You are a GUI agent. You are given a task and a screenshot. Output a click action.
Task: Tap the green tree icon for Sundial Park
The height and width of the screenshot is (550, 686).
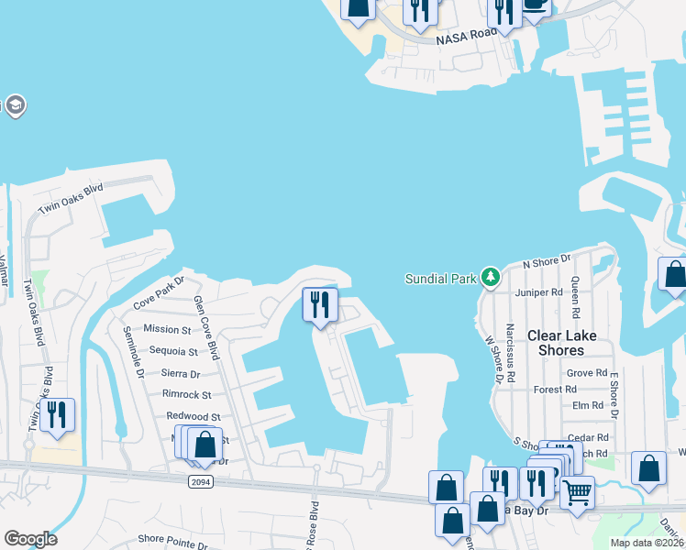coord(491,278)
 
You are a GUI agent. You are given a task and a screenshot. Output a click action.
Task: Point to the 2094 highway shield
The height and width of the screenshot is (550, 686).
coord(201,481)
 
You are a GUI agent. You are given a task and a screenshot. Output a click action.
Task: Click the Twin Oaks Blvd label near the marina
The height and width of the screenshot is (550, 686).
coord(71,199)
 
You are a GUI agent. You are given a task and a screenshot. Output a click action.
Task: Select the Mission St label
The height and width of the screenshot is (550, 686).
coord(167,329)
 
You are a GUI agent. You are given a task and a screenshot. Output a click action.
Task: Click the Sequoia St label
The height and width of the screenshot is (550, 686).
coord(173,351)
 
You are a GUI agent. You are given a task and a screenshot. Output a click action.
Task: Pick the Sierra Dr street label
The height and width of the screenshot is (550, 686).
coord(181,373)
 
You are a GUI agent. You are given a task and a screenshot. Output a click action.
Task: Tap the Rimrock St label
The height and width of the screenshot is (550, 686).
coord(186,395)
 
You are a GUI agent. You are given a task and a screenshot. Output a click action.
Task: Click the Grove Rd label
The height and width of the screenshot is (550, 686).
coord(587,373)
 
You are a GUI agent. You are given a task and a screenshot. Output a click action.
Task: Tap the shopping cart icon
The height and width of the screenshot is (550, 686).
coord(577,492)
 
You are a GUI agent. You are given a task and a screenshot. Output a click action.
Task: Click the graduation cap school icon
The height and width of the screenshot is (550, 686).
coord(15,106)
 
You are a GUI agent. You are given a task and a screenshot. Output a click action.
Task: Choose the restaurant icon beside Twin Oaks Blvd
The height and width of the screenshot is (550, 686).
coord(57,414)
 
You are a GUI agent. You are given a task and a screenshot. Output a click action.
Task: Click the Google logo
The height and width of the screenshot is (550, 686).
coord(30,539)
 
